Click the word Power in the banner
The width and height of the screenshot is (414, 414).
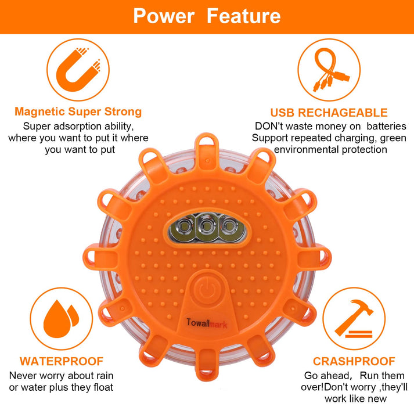[164, 16]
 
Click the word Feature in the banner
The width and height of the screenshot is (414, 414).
[243, 16]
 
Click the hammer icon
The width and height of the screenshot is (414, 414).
[354, 318]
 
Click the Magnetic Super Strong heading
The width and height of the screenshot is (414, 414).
[78, 111]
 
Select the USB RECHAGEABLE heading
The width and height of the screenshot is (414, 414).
[329, 113]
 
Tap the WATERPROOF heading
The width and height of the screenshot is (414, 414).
[62, 361]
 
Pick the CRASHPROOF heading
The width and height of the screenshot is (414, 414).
[354, 361]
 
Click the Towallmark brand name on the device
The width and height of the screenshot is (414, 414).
[207, 323]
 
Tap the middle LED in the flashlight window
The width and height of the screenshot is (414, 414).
[207, 226]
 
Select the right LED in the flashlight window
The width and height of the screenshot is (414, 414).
[229, 226]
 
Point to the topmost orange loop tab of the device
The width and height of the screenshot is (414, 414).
[207, 148]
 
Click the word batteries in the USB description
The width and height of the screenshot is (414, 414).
[386, 126]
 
